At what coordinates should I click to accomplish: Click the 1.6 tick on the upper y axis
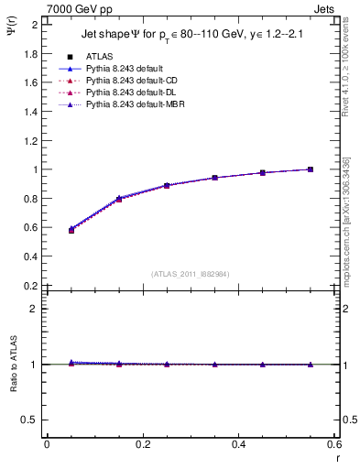[x=31, y=82]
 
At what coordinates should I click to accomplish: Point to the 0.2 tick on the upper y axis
[x=31, y=286]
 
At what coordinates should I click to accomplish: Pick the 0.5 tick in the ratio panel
[x=31, y=420]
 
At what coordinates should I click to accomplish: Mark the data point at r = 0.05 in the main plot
[x=71, y=230]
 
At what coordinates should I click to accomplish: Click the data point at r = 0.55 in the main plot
[x=311, y=169]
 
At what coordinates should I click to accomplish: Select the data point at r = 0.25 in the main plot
[x=167, y=186]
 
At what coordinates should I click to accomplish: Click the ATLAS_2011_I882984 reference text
[x=191, y=273]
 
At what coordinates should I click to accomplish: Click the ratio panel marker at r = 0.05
[x=71, y=364]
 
